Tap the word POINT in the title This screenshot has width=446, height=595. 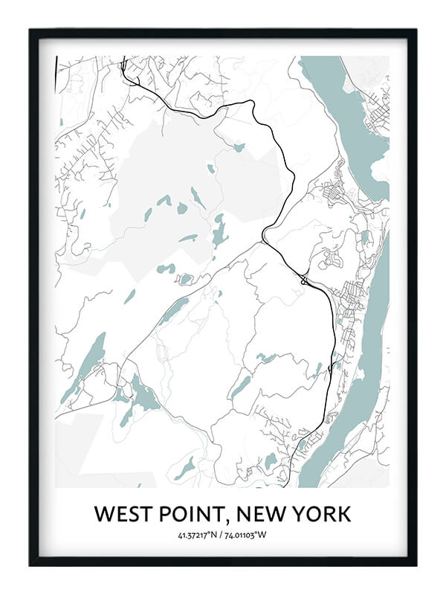coord(190,514)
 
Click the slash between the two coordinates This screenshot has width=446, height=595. coord(223,534)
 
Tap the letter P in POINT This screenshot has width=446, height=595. coord(163,514)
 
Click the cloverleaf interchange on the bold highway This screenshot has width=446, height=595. coord(304,280)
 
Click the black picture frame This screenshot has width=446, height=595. coord(33,297)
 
